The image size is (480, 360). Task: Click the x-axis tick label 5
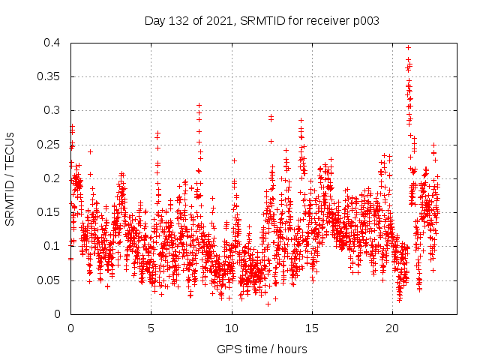(x=151, y=328)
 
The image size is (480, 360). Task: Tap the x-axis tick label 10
(x=232, y=328)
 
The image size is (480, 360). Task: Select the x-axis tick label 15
(x=313, y=328)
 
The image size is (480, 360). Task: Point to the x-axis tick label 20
(x=393, y=328)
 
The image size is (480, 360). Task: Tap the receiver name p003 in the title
(x=365, y=21)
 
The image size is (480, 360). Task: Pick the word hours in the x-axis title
(x=290, y=349)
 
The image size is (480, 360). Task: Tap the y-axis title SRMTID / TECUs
(x=10, y=178)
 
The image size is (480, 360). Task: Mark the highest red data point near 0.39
(x=408, y=47)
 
